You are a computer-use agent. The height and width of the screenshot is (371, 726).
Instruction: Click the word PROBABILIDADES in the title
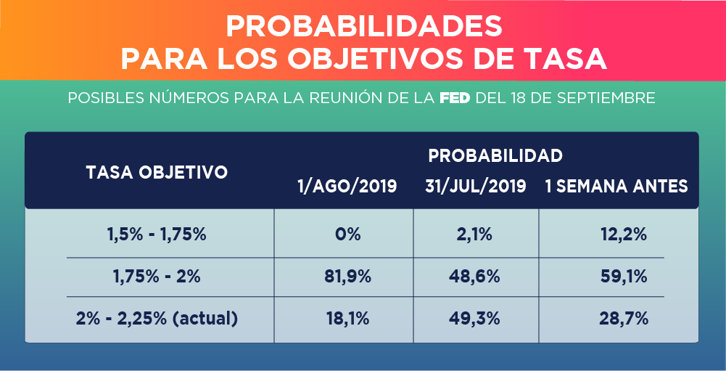coord(364,26)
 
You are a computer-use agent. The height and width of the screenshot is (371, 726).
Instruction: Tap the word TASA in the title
coord(568,59)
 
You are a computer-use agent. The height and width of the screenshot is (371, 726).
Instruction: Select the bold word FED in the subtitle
coord(456,98)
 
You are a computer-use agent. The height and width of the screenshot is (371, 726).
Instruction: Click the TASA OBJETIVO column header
coord(157,172)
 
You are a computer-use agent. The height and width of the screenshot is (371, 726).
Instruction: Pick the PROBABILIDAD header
coord(495,155)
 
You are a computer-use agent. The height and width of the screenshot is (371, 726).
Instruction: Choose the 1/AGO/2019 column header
coord(347,187)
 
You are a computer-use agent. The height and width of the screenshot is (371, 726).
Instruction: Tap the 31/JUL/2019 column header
coord(476,187)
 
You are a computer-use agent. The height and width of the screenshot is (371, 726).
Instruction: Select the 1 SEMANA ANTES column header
coord(616,187)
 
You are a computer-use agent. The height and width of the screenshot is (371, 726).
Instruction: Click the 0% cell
coord(347,235)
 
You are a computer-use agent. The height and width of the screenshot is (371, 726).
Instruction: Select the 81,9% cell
coord(347,277)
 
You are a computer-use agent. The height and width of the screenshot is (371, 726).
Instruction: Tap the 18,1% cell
coord(347,318)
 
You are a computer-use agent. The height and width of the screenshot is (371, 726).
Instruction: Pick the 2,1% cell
coord(476,235)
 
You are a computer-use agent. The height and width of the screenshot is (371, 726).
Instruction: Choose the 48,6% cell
coord(476,277)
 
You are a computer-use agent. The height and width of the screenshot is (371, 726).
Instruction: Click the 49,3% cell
coord(476,318)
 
